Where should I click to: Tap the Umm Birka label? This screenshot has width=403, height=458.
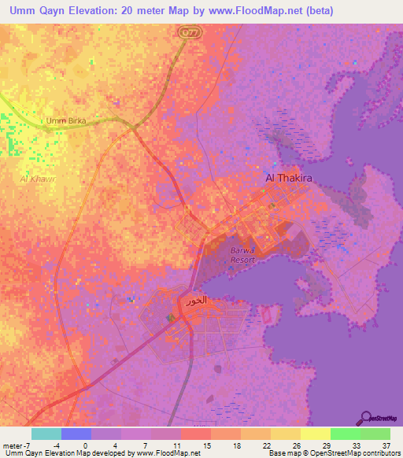pyautogui.click(x=66, y=120)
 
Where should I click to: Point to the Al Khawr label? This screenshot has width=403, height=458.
pyautogui.click(x=38, y=179)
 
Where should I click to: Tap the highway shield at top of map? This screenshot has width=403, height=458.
pyautogui.click(x=188, y=31)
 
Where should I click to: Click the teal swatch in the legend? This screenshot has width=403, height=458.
pyautogui.click(x=46, y=434)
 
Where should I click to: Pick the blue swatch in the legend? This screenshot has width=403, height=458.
pyautogui.click(x=76, y=434)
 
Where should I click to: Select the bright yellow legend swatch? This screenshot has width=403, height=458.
pyautogui.click(x=316, y=434)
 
